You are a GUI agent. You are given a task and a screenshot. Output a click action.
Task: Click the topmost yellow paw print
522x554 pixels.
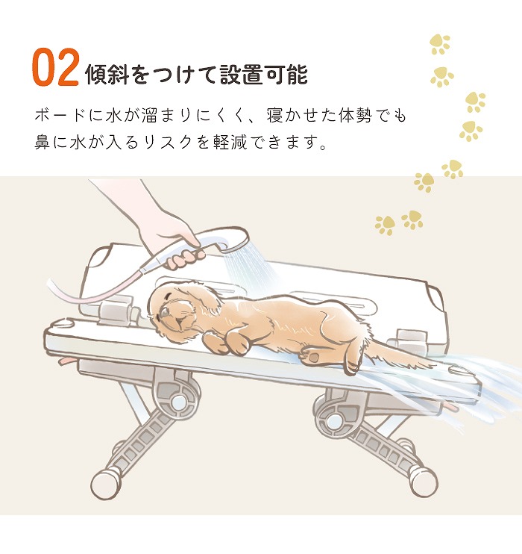pyautogui.click(x=440, y=44)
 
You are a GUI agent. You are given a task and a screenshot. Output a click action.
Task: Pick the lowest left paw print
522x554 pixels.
pyautogui.click(x=385, y=224)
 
